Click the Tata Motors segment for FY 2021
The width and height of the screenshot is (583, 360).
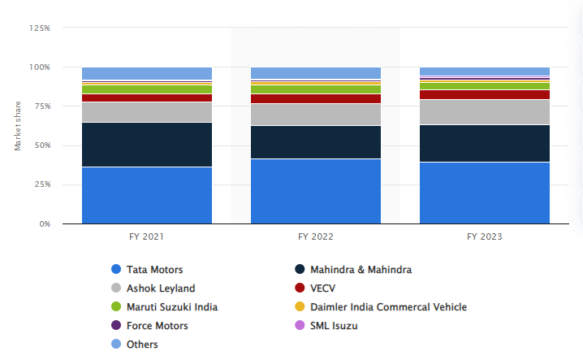(147, 195)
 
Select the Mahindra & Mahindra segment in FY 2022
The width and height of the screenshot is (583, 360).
(316, 142)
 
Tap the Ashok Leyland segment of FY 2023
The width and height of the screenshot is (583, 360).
(485, 112)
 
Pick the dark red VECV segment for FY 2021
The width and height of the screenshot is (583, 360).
(147, 98)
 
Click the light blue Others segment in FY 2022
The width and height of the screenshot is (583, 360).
(316, 72)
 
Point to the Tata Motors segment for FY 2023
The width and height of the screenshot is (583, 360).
(485, 193)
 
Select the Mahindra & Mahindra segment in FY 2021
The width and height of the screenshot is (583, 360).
(147, 145)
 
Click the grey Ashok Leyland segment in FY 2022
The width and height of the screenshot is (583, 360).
(316, 115)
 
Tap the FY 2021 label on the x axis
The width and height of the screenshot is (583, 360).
(147, 237)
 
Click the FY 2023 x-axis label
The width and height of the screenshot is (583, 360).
(485, 237)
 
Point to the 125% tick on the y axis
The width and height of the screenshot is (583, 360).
(39, 28)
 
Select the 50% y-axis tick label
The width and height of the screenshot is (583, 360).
(41, 145)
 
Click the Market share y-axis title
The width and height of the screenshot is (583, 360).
(17, 126)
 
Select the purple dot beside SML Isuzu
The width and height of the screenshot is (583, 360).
(300, 326)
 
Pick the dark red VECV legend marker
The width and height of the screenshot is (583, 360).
(300, 288)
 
